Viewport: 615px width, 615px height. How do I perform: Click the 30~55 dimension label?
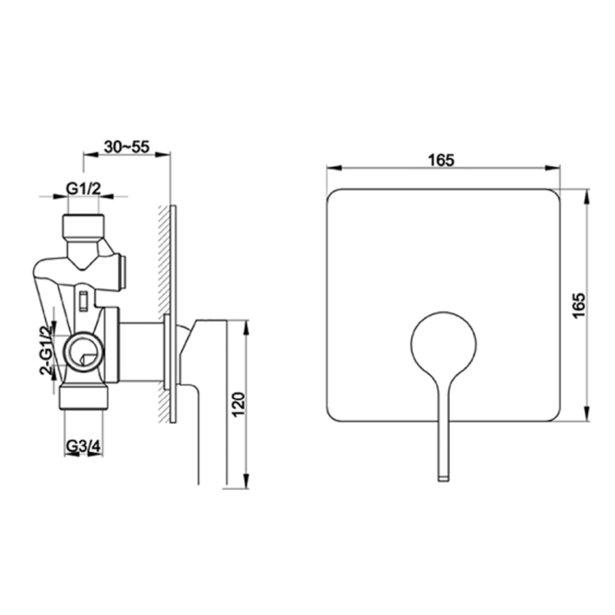tap(127, 147)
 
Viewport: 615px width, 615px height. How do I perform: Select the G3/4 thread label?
tap(84, 446)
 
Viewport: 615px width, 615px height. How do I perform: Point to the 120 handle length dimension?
tap(239, 404)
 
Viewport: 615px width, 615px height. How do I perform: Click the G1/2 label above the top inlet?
tap(83, 189)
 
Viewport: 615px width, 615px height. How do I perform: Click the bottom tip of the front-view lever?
tap(443, 480)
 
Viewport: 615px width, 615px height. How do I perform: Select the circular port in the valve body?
tap(83, 351)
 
